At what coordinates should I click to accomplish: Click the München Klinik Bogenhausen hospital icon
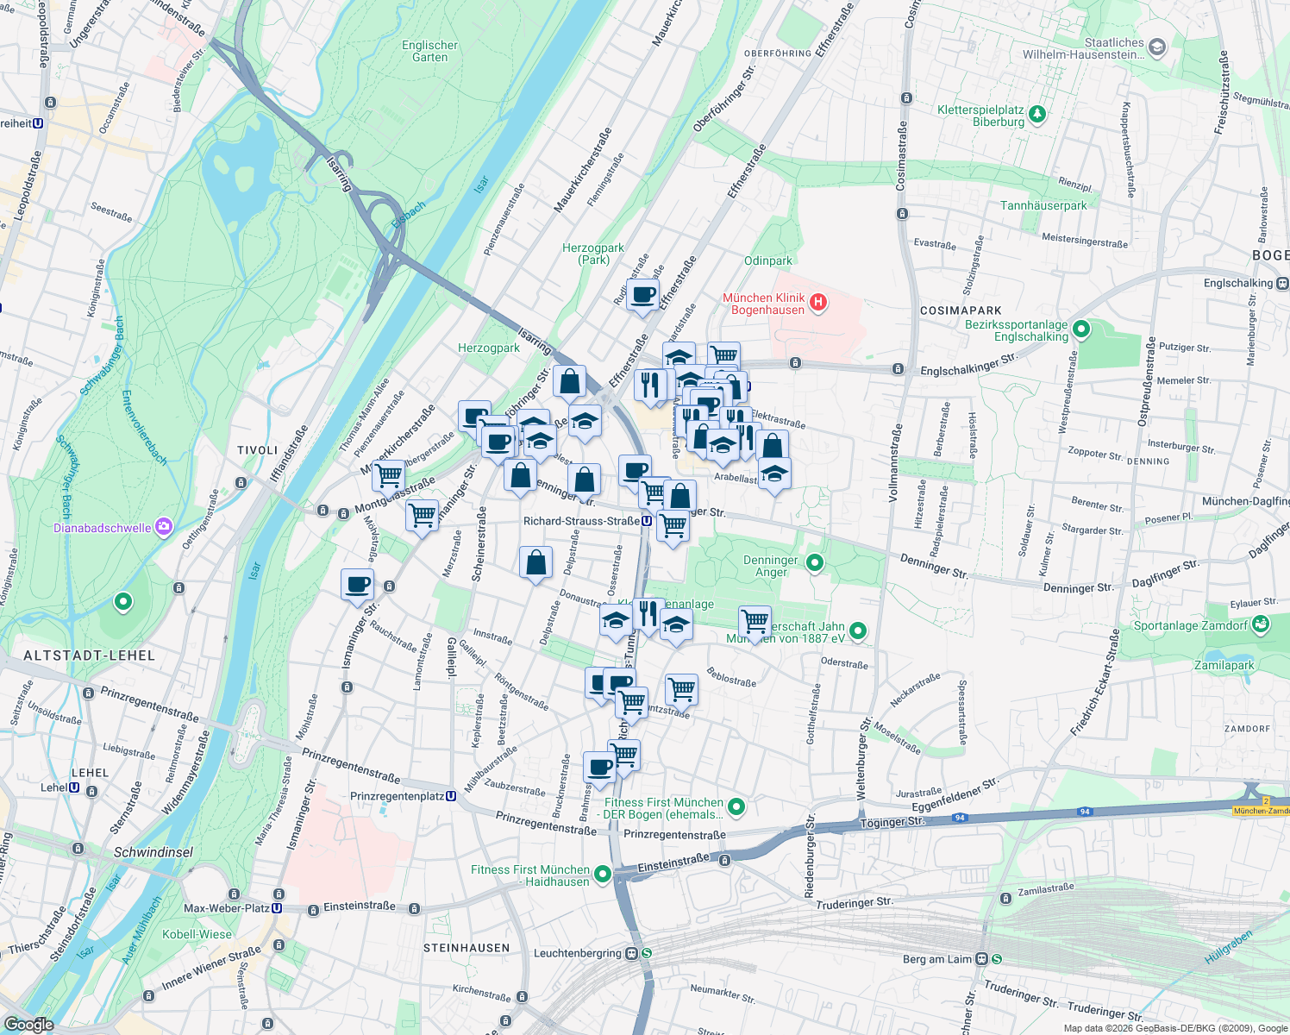pyautogui.click(x=818, y=303)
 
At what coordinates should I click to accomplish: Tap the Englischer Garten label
pyautogui.click(x=429, y=52)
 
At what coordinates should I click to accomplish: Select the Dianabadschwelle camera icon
pyautogui.click(x=164, y=527)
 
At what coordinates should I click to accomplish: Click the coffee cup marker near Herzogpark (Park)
pyautogui.click(x=642, y=295)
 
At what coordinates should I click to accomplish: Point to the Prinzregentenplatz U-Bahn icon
pyautogui.click(x=451, y=796)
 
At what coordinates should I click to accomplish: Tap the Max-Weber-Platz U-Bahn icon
pyautogui.click(x=277, y=907)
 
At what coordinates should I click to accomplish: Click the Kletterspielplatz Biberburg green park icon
pyautogui.click(x=1037, y=113)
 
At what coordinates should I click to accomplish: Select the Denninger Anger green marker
pyautogui.click(x=814, y=563)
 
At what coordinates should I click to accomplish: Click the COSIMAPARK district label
pyautogui.click(x=961, y=310)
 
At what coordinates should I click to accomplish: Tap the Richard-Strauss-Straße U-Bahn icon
pyautogui.click(x=646, y=521)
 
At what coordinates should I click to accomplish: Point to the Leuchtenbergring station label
pyautogui.click(x=577, y=953)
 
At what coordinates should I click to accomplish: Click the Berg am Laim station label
pyautogui.click(x=936, y=959)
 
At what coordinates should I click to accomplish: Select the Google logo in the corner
pyautogui.click(x=28, y=1024)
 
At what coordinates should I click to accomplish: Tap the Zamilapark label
pyautogui.click(x=1224, y=665)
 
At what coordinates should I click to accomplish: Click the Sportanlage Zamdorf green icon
pyautogui.click(x=1260, y=625)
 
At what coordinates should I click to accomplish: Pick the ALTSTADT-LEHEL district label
pyautogui.click(x=89, y=655)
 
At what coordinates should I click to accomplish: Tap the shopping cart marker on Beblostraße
pyautogui.click(x=681, y=688)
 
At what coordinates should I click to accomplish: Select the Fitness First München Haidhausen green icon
pyautogui.click(x=603, y=875)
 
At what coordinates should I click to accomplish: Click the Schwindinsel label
pyautogui.click(x=153, y=852)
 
